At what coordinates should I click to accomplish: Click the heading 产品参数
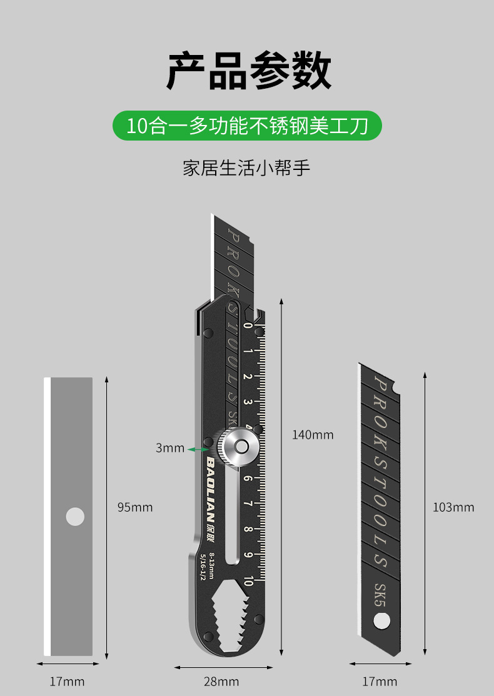tap(248, 71)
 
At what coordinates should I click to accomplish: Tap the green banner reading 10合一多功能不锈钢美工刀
tap(247, 126)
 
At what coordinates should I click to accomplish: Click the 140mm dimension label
tap(313, 435)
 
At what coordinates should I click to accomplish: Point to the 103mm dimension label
tap(453, 507)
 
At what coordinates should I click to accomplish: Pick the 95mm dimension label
tap(135, 507)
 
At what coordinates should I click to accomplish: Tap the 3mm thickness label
tap(170, 448)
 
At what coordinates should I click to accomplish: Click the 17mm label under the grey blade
tap(67, 681)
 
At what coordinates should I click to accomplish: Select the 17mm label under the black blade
tap(380, 681)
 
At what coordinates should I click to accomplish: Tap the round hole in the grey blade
tap(75, 517)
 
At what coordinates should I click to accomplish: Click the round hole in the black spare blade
tap(381, 621)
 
